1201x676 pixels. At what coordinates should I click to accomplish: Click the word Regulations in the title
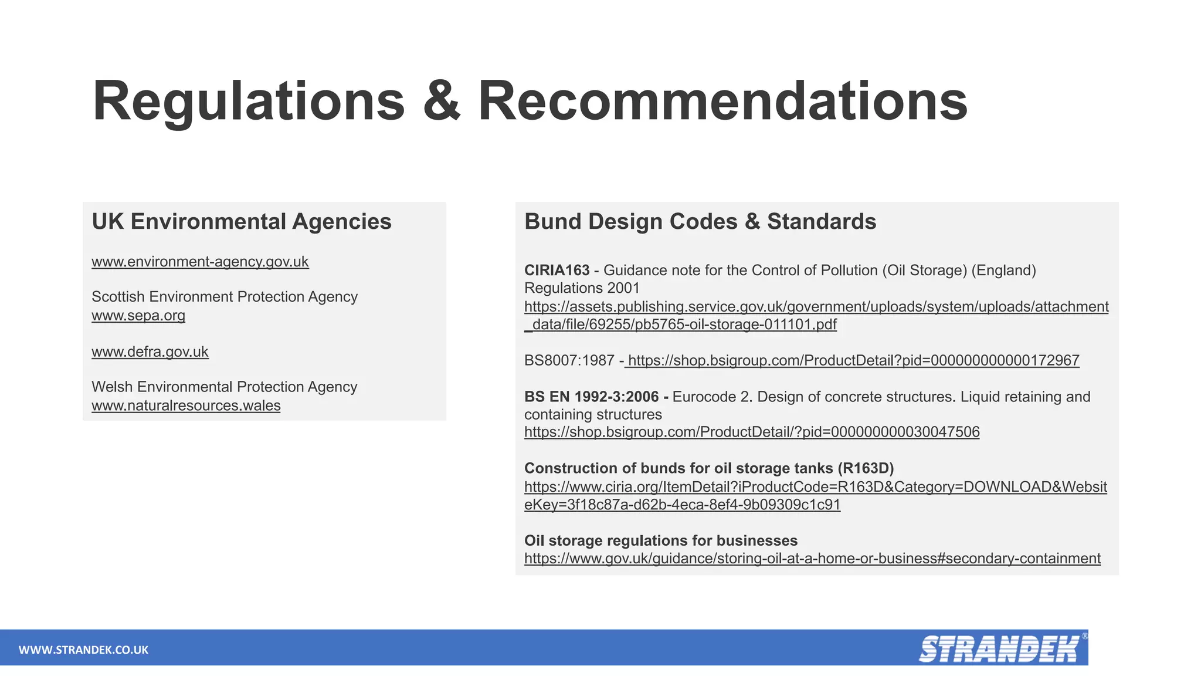[249, 102]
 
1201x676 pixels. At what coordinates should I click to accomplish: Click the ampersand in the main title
[441, 102]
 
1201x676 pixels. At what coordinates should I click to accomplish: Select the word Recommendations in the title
[722, 102]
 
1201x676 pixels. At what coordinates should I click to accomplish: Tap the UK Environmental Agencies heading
[242, 222]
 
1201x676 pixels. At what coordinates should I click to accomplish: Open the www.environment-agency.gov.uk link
[200, 262]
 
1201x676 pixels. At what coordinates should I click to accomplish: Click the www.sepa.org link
[138, 316]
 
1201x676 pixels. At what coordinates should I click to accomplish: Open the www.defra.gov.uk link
[150, 352]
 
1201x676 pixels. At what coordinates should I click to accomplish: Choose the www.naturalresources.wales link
[186, 406]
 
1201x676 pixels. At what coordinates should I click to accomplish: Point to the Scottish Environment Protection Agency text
[225, 297]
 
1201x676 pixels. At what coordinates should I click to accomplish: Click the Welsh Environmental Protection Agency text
[225, 387]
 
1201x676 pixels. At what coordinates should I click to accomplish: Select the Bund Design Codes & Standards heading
[700, 222]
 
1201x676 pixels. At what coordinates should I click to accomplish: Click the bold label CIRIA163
[557, 271]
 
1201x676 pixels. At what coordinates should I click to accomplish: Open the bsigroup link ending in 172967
[853, 360]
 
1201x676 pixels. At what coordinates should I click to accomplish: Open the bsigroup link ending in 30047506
[752, 432]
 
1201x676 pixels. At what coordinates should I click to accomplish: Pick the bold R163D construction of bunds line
[709, 468]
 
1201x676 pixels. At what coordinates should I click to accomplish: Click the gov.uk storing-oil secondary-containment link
[812, 559]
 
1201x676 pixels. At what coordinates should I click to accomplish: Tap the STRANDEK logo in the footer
[999, 649]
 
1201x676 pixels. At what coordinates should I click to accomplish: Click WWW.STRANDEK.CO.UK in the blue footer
[83, 650]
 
